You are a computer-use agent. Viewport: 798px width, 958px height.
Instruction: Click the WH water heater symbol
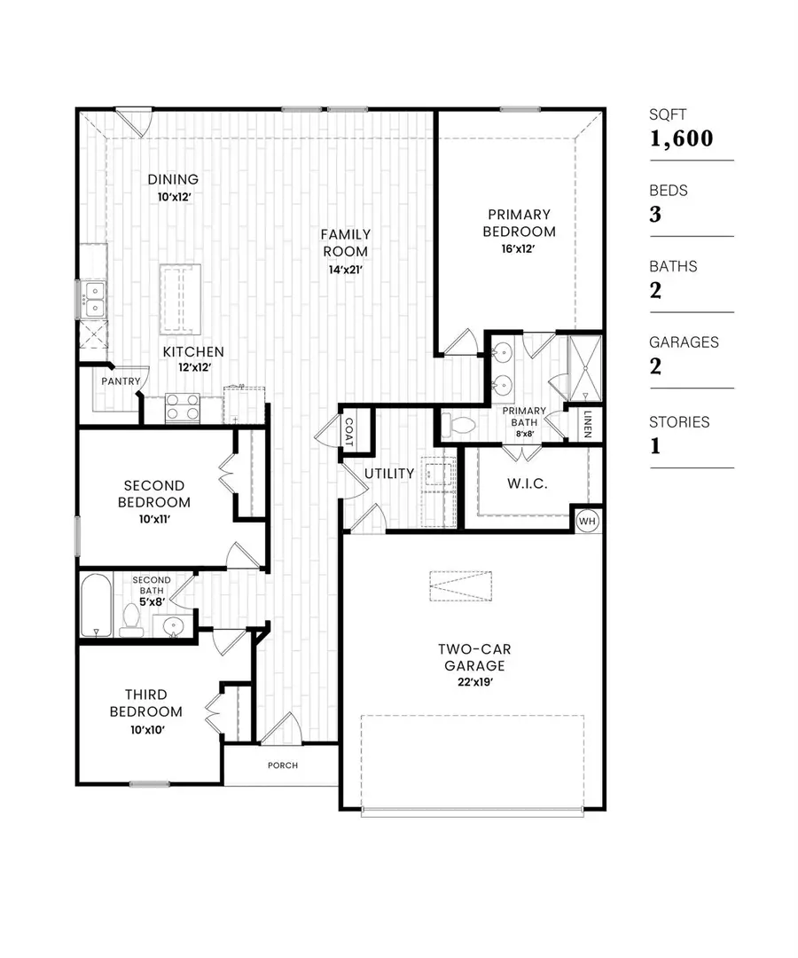point(586,521)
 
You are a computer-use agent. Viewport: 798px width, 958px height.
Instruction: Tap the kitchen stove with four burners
point(183,408)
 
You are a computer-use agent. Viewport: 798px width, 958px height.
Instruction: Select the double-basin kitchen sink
point(92,299)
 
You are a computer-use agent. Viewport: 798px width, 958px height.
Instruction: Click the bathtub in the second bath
point(96,606)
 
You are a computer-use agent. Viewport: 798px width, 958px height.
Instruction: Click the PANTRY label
point(121,381)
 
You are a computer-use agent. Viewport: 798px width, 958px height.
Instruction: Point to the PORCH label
point(282,765)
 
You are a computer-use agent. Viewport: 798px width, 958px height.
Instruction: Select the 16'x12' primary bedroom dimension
point(519,249)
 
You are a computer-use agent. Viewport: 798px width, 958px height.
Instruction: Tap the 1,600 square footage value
point(681,138)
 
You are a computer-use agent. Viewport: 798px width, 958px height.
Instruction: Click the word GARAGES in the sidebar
point(684,342)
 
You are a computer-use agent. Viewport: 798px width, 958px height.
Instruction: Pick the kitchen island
point(180,299)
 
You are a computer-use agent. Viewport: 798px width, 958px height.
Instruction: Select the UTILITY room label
point(389,474)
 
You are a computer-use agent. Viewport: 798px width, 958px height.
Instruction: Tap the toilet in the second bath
point(131,620)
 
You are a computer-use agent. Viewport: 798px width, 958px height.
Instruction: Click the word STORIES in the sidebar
point(679,422)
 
